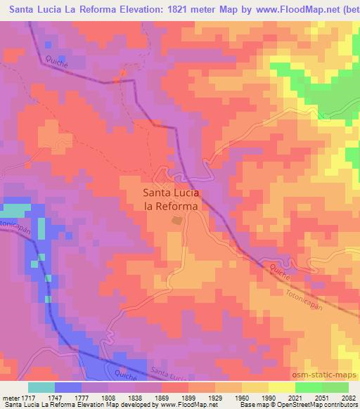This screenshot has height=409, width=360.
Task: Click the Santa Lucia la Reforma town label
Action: (x=171, y=199)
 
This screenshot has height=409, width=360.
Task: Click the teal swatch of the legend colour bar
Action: (x=41, y=387)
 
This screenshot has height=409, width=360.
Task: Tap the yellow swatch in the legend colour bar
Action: (x=282, y=387)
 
